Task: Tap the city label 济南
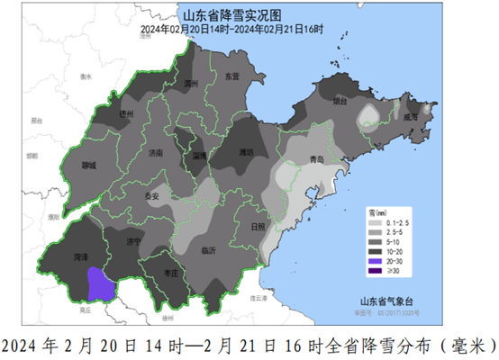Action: point(157,154)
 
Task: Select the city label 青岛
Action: point(316,159)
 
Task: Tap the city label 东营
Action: point(231,77)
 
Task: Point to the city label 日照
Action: point(258,227)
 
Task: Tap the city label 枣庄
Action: point(172,274)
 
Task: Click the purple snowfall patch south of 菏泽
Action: point(101,284)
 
